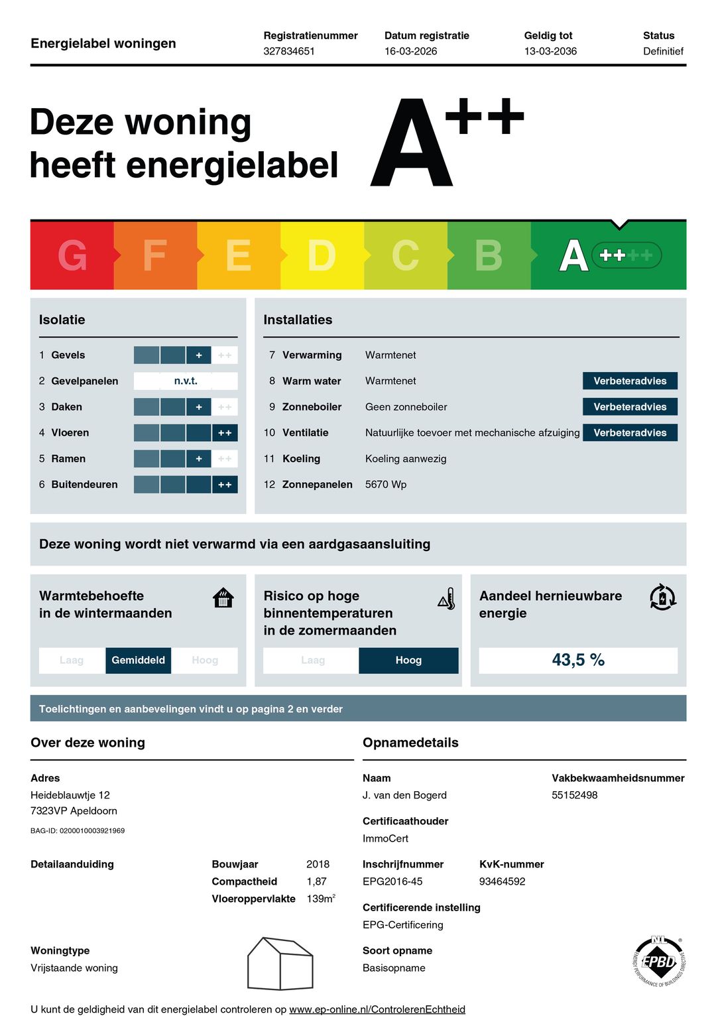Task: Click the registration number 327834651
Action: (289, 51)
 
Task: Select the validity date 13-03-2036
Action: (550, 51)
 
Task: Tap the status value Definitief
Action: (663, 51)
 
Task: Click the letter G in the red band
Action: (72, 255)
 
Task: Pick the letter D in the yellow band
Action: (322, 255)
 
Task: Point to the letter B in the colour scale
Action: (489, 255)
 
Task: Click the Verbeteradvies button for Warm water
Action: (630, 381)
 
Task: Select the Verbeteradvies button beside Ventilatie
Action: (630, 432)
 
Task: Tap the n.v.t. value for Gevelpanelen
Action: (186, 381)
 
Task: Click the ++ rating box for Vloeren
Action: (225, 433)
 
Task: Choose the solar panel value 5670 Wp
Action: (386, 484)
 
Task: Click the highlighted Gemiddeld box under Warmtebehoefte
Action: (138, 660)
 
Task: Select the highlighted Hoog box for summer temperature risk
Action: (408, 660)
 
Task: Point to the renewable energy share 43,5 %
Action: (578, 660)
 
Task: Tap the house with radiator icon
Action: (223, 598)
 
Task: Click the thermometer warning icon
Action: (447, 599)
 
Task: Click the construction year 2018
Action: (318, 864)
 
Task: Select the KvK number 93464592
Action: (502, 881)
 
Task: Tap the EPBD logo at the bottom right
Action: (659, 961)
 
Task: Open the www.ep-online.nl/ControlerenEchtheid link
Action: (377, 1009)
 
